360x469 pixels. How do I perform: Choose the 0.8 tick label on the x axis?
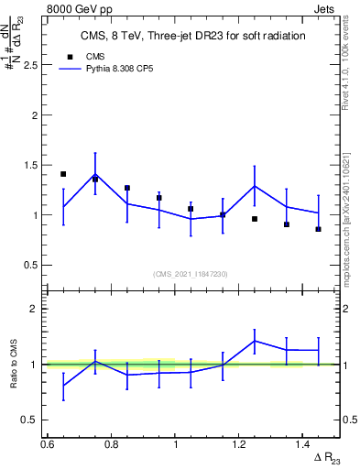point(111,444)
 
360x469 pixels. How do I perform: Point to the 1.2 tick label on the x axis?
point(239,444)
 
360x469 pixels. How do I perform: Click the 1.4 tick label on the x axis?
point(303,444)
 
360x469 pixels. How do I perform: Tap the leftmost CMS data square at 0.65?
point(63,174)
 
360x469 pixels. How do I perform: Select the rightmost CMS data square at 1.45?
point(319,229)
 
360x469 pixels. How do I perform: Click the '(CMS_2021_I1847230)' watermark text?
point(191,274)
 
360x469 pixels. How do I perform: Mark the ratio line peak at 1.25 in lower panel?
point(255,341)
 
